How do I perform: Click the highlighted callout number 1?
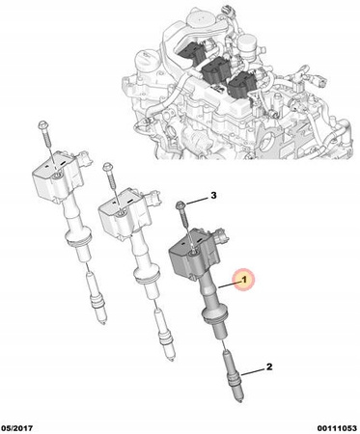pyautogui.click(x=244, y=280)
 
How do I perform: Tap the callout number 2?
pyautogui.click(x=269, y=366)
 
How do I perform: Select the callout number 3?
pyautogui.click(x=213, y=195)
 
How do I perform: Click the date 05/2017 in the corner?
pyautogui.click(x=17, y=428)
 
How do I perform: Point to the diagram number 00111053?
pyautogui.click(x=337, y=428)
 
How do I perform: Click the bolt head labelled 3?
pyautogui.click(x=180, y=204)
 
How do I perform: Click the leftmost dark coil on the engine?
pyautogui.click(x=192, y=51)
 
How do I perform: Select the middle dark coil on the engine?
pyautogui.click(x=215, y=69)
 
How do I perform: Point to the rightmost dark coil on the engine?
pyautogui.click(x=242, y=85)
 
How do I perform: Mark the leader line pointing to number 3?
pyautogui.click(x=196, y=202)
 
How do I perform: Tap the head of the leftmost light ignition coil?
pyautogui.click(x=55, y=177)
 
